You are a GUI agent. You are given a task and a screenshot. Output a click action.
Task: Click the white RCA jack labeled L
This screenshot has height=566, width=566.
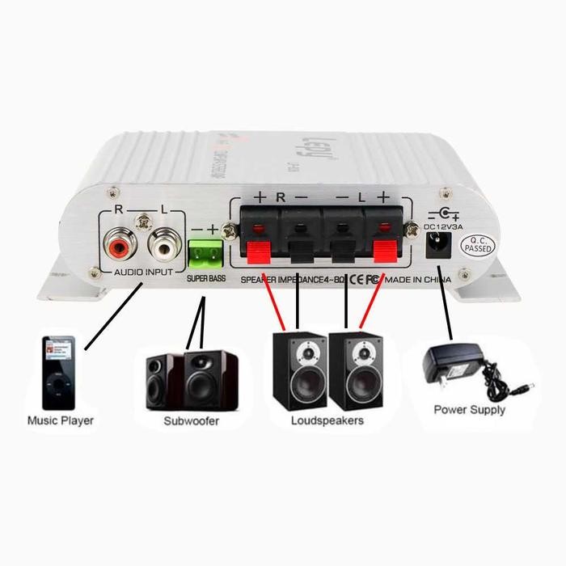tap(163, 243)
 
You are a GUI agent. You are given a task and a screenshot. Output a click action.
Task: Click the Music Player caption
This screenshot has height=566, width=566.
tap(61, 420)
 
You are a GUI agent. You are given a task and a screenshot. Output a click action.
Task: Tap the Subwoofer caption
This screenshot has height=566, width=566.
tap(192, 421)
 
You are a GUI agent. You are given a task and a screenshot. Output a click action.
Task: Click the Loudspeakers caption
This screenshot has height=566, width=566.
tap(327, 421)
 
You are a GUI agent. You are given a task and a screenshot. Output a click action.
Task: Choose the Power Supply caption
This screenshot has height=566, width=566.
tap(470, 410)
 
